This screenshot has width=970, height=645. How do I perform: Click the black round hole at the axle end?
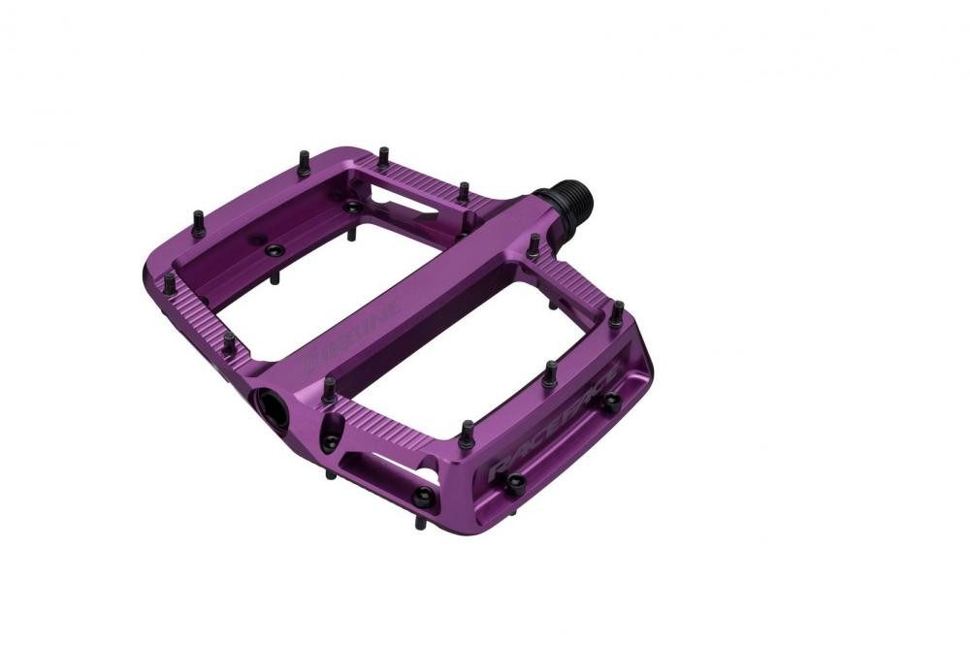(x=273, y=407)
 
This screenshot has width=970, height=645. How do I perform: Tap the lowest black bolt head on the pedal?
(x=424, y=497)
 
